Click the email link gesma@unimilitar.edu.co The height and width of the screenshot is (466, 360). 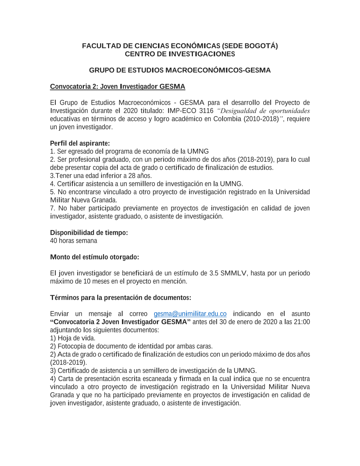[x=190, y=314]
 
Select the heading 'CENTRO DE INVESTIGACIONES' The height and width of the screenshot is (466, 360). [x=180, y=54]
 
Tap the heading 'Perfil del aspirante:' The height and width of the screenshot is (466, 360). [x=80, y=143]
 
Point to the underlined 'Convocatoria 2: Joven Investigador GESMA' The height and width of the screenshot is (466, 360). [x=117, y=86]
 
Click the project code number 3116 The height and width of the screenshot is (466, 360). [x=206, y=111]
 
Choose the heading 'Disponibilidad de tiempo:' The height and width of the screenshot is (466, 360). [x=89, y=233]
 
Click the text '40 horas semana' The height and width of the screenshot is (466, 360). [x=73, y=241]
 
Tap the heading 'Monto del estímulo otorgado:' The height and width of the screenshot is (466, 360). [x=94, y=257]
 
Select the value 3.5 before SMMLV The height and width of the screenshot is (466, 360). [x=213, y=273]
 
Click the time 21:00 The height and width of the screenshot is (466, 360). [x=302, y=322]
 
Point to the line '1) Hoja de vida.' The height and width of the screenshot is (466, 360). [x=73, y=338]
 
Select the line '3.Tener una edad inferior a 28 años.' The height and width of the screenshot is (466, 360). [x=101, y=176]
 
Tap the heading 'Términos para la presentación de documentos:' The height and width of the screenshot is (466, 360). [x=121, y=297]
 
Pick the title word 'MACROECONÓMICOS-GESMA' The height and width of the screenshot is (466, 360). [x=218, y=70]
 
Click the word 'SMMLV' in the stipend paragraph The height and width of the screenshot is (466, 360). [x=233, y=273]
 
